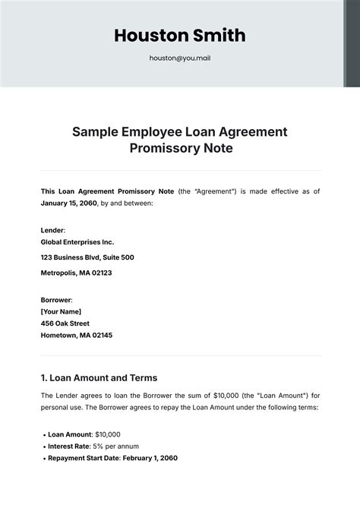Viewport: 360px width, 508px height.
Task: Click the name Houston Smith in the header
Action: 179,36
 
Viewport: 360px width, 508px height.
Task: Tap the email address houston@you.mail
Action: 179,57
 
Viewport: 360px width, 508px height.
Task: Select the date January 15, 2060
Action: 68,204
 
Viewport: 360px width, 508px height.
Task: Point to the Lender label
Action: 52,229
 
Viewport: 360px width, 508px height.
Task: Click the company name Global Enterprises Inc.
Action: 77,242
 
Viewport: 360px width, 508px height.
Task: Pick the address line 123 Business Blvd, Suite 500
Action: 87,257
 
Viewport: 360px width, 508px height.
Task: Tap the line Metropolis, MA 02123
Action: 76,273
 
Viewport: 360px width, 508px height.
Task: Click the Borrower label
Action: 56,299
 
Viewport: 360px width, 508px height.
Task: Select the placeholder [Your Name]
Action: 61,311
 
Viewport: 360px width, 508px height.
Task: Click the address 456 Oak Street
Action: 70,323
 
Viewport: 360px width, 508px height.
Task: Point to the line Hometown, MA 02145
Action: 76,335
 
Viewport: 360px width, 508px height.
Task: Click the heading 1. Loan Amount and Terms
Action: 99,377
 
